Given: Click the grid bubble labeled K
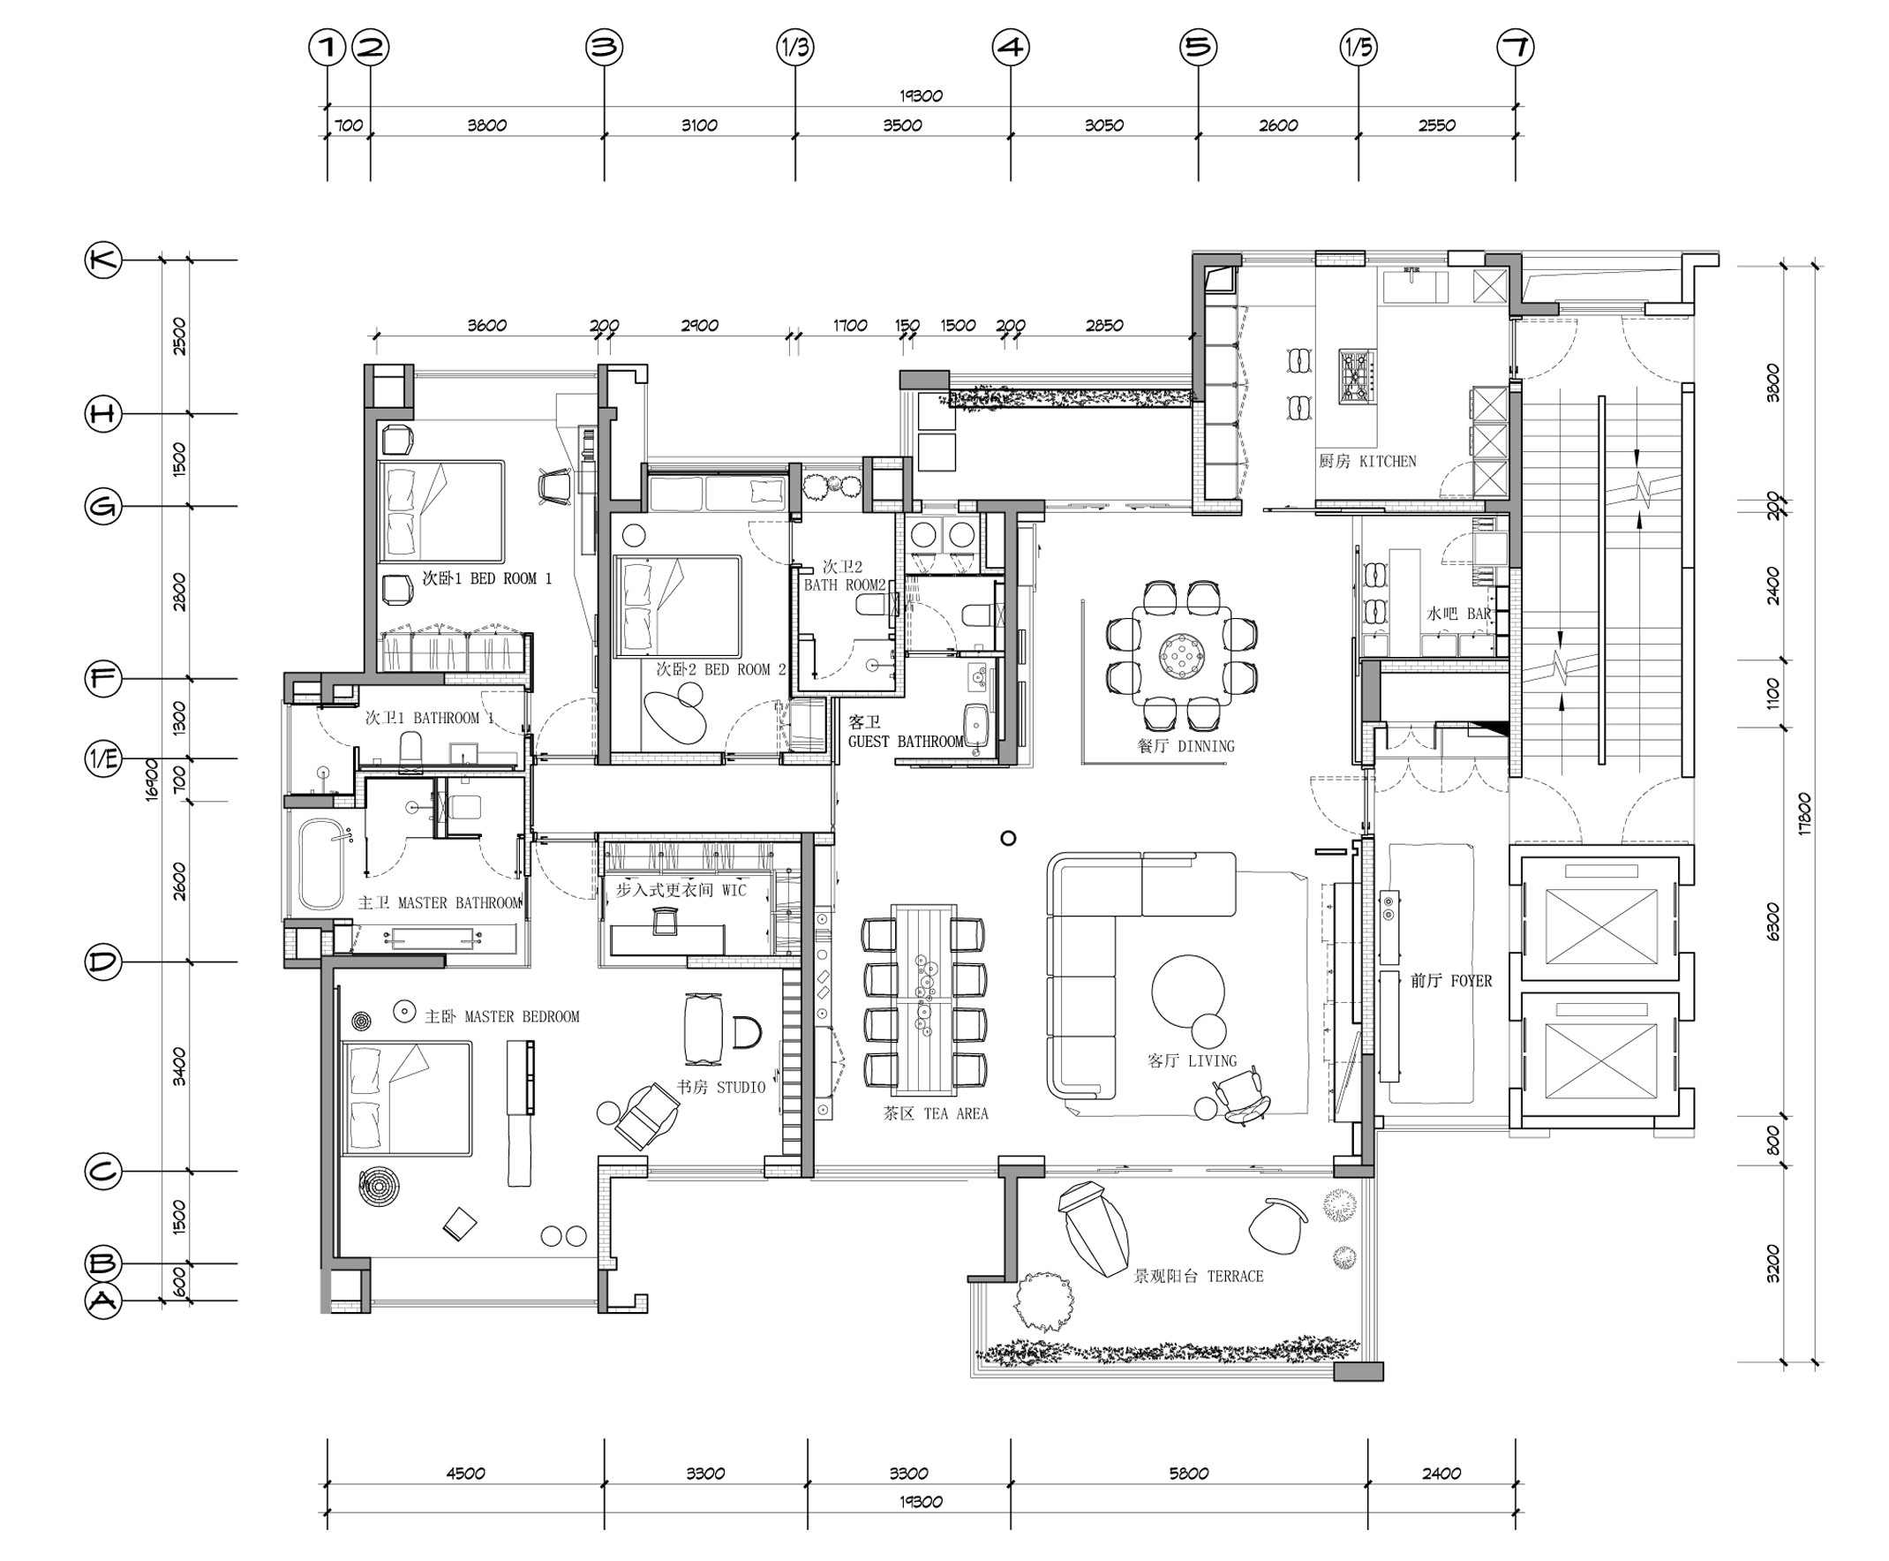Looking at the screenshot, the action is [x=102, y=260].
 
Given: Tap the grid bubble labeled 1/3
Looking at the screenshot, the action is [x=794, y=47].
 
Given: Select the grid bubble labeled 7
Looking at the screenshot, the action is [x=1515, y=47].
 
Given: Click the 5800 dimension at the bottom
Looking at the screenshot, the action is [x=1189, y=1473].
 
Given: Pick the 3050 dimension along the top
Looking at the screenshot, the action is [x=1103, y=125].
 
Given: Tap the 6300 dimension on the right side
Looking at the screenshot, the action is [x=1772, y=922].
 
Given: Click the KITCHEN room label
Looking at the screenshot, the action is [x=1388, y=461].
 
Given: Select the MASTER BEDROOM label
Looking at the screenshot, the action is [x=522, y=1017].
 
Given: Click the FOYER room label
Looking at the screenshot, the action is [x=1471, y=981].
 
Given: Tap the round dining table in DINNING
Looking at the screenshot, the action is [x=1180, y=654].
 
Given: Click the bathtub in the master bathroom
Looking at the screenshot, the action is [x=321, y=864].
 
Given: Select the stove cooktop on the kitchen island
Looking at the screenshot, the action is [x=1357, y=377].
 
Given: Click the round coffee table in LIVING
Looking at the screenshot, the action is [x=1188, y=991].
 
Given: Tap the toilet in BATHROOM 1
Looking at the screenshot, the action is [x=410, y=751].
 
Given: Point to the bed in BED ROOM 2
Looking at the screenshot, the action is [x=677, y=605].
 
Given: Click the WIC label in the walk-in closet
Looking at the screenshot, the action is [x=734, y=890].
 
